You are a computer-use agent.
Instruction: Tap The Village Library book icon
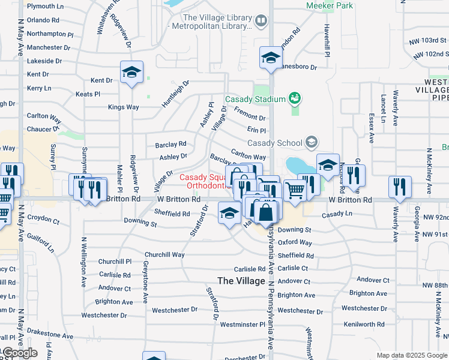[x=261, y=22]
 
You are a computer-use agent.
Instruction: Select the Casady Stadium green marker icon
[x=294, y=97]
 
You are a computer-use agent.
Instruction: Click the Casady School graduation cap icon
[x=311, y=142]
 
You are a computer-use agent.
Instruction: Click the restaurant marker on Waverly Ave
[x=399, y=187]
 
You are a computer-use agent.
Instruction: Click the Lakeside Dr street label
[x=44, y=61]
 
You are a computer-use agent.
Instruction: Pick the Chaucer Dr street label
[x=44, y=129]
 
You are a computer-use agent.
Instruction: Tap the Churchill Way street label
[x=165, y=254]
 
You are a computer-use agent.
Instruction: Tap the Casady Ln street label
[x=337, y=214]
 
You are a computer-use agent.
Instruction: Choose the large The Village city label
[x=241, y=281]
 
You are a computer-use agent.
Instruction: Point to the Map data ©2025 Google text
[x=411, y=355]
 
